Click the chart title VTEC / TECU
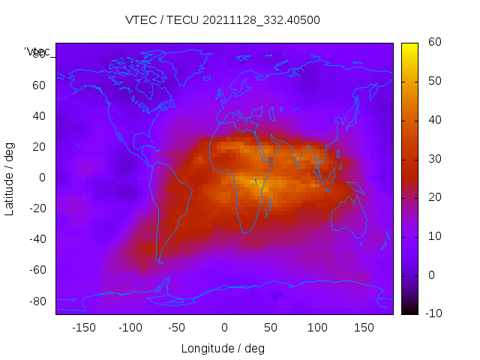click(222, 20)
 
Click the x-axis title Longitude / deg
click(223, 348)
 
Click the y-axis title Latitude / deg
click(10, 178)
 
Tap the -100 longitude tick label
click(130, 327)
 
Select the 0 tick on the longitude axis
click(223, 327)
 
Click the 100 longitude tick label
click(317, 327)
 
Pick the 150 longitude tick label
click(364, 327)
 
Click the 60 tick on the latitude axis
click(38, 85)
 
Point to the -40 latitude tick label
click(36, 239)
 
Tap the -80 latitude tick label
click(36, 301)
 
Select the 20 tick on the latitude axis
click(38, 147)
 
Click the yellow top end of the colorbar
click(409, 46)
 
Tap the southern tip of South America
click(160, 261)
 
